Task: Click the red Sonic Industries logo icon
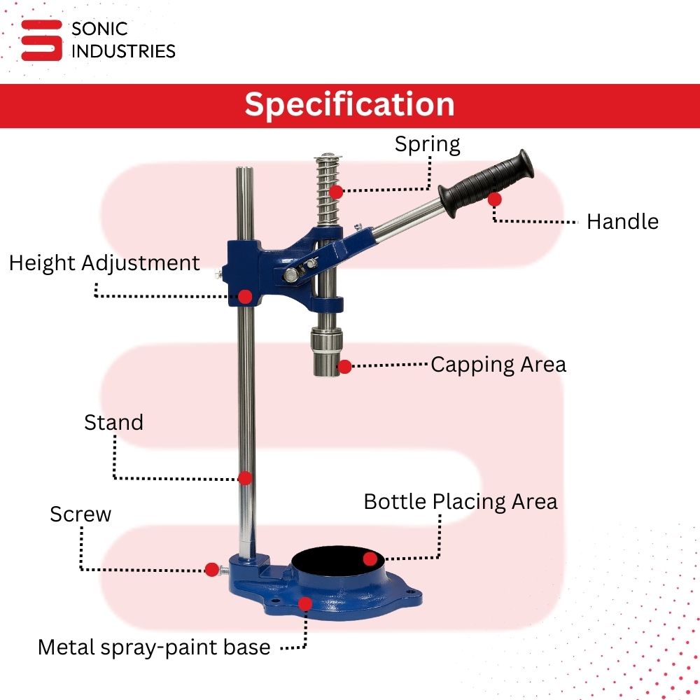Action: coord(41,40)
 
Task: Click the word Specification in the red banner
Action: coord(349,105)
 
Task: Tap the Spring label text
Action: coord(427,145)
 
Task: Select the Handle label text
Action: coord(622,221)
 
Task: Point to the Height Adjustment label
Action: coord(104,263)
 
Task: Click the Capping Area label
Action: coord(498,365)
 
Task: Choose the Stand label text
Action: coord(114,422)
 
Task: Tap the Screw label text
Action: coord(80,514)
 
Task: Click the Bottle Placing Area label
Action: coord(461,502)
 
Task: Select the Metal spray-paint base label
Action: coord(154,647)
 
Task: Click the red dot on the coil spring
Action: coord(336,192)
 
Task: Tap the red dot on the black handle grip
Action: coord(494,199)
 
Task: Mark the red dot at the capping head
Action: coord(344,367)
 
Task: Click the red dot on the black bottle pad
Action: coord(370,559)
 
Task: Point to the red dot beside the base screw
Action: coord(212,570)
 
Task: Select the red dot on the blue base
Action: coord(305,604)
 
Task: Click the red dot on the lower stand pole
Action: coord(245,478)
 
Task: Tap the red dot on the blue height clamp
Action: coord(245,296)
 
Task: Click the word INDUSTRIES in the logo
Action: coord(123,51)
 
